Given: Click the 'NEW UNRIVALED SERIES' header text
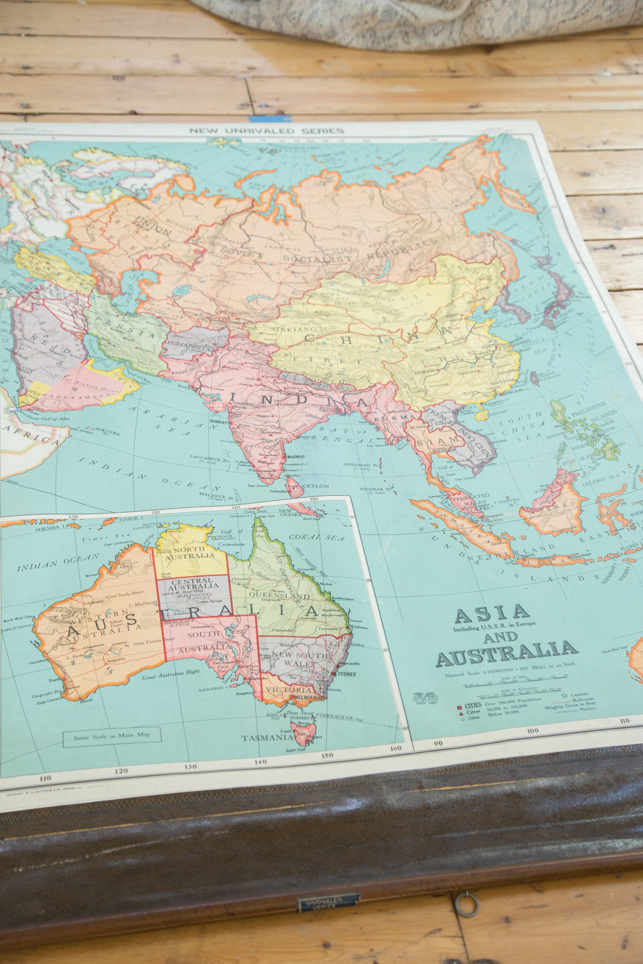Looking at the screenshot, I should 266,131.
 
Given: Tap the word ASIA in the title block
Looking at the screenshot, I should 492,615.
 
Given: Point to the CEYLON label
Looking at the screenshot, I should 316,486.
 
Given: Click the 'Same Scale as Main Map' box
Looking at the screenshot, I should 112,736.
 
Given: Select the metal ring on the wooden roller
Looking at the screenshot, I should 466,904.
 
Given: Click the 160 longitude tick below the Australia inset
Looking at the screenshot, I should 395,749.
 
